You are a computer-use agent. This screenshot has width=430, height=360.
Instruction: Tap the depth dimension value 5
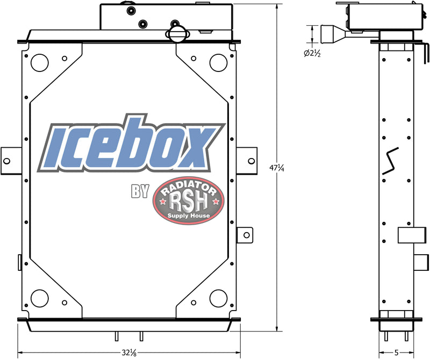[396, 353]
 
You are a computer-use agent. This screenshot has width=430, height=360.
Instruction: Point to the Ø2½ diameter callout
[312, 53]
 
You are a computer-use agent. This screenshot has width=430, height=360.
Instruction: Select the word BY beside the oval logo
[139, 192]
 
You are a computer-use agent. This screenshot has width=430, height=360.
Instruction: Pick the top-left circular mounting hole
[39, 62]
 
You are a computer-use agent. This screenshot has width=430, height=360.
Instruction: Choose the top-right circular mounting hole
[218, 62]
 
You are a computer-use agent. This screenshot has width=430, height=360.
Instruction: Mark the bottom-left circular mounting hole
[39, 297]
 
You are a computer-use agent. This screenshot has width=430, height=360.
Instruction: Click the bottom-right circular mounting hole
[218, 297]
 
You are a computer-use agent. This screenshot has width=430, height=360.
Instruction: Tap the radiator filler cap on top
[178, 34]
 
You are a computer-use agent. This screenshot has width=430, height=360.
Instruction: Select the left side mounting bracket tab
[9, 160]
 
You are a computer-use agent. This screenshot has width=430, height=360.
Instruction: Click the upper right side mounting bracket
[247, 160]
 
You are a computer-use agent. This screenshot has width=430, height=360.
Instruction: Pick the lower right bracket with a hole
[244, 234]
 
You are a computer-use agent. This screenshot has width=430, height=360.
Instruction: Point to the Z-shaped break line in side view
[390, 161]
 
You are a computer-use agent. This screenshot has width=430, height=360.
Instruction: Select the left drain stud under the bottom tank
[116, 336]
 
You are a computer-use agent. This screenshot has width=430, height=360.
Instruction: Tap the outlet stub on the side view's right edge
[419, 262]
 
